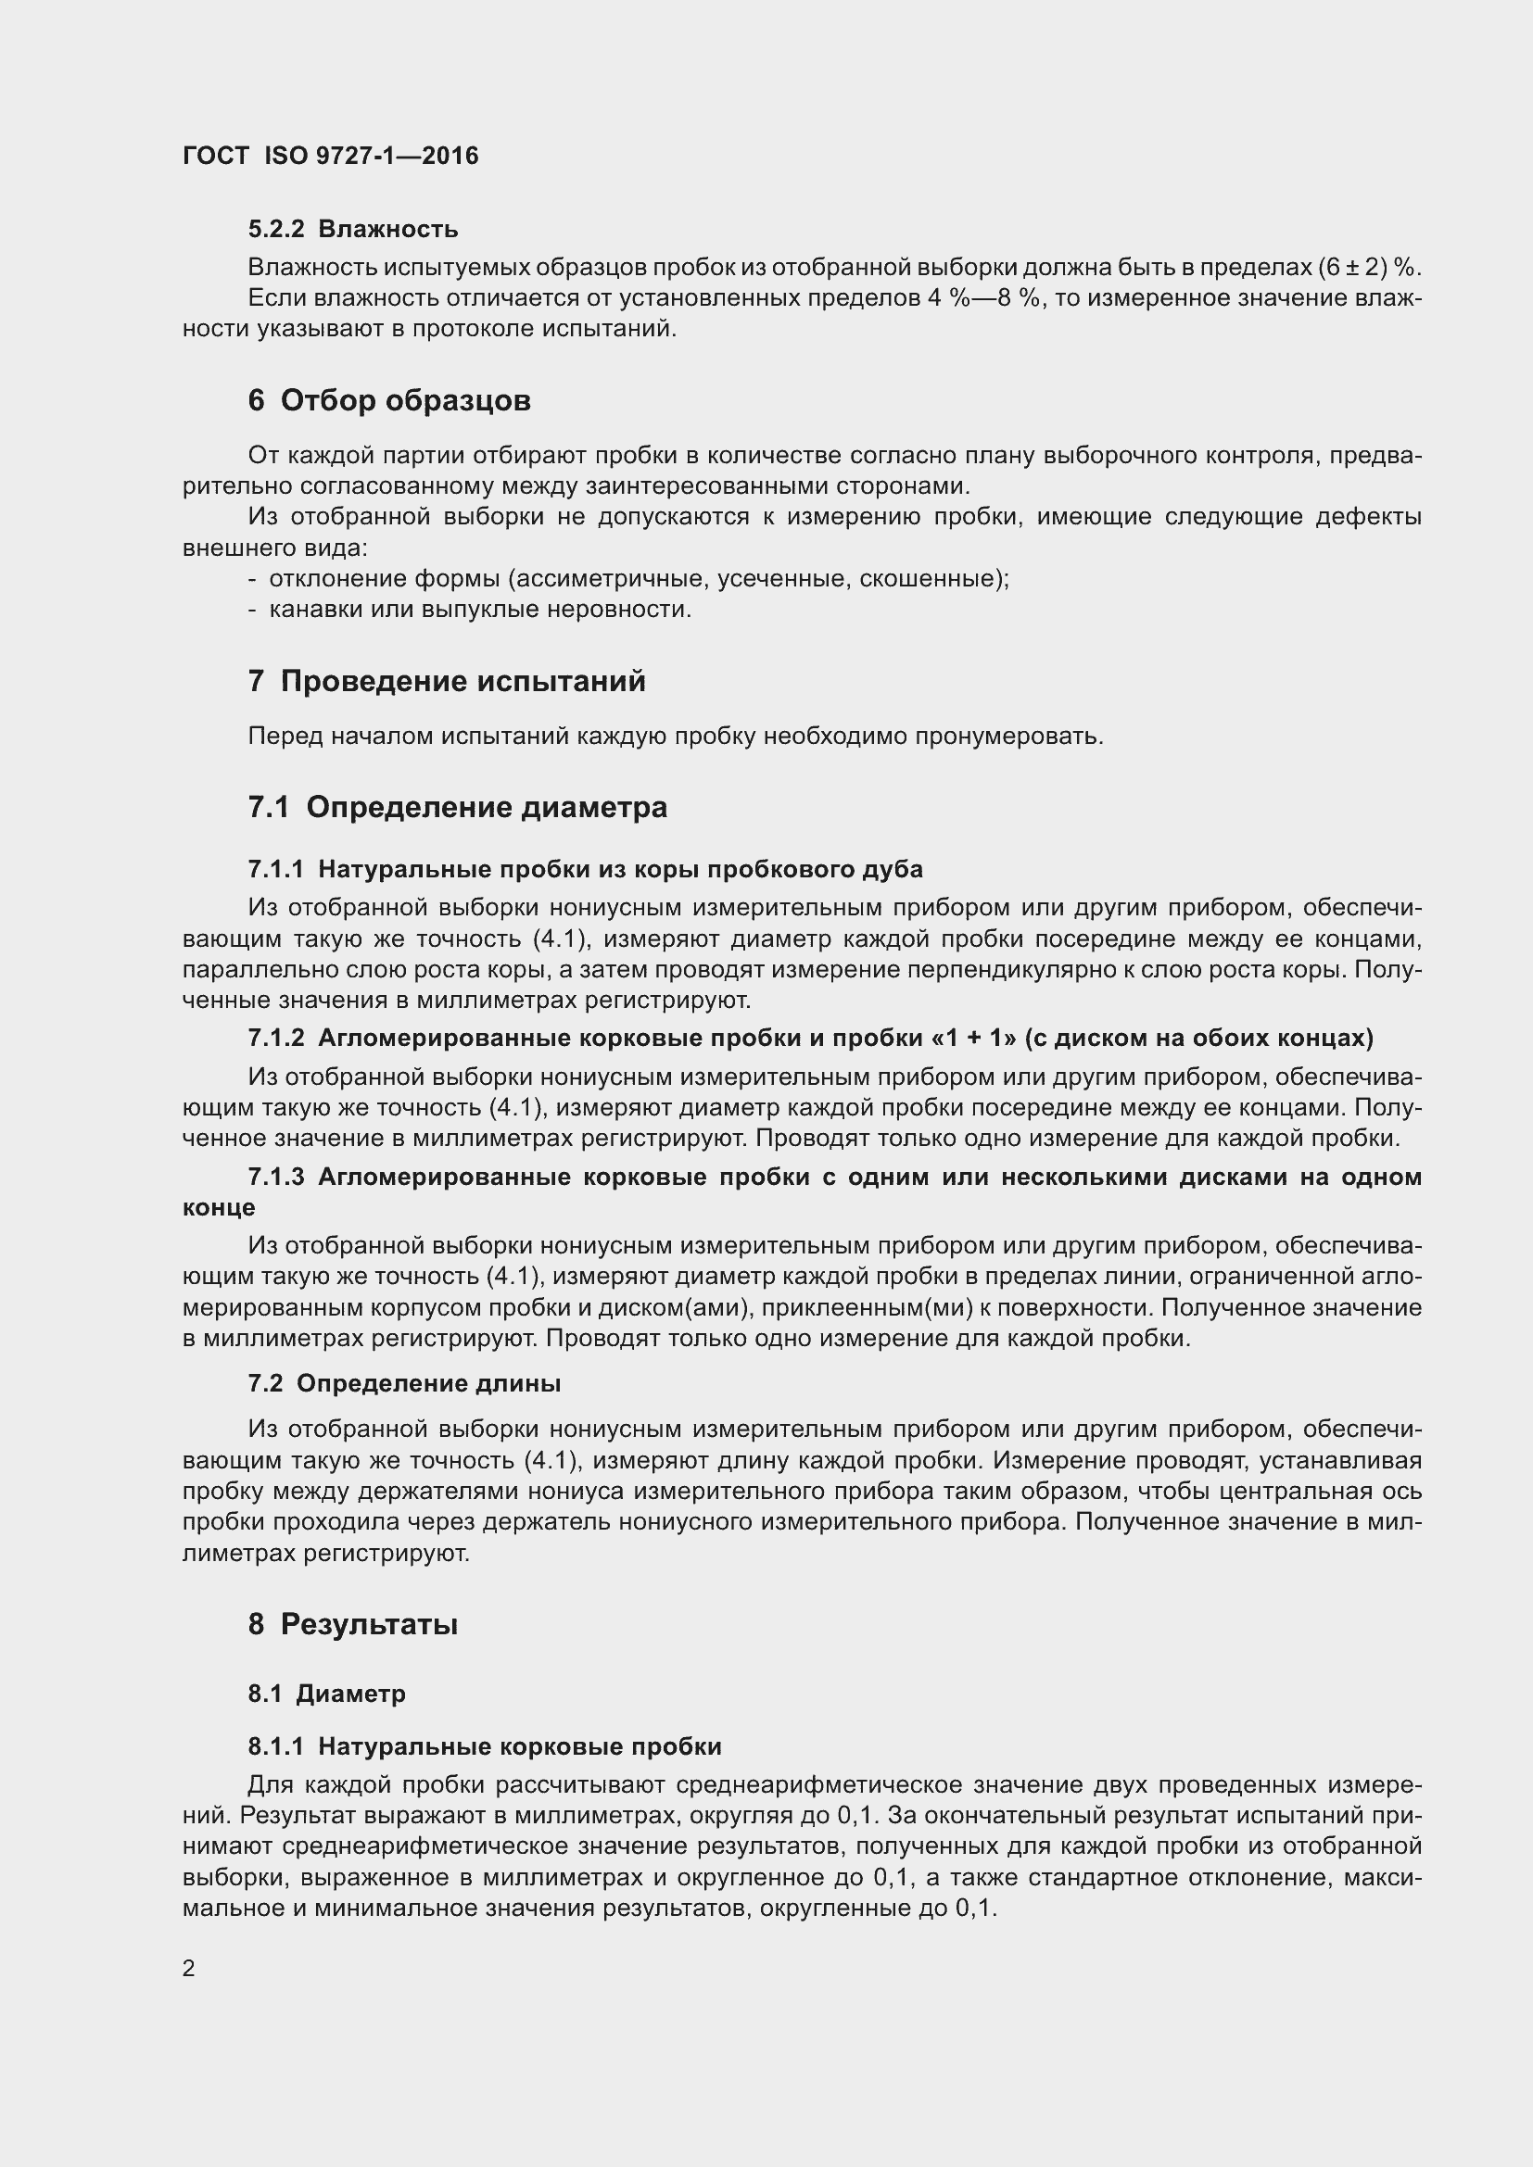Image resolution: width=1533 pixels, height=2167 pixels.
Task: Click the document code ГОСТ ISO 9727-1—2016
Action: click(330, 156)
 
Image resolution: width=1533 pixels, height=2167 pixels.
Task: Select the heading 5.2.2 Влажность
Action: click(353, 229)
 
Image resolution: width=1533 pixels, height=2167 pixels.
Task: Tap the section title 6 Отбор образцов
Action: click(389, 400)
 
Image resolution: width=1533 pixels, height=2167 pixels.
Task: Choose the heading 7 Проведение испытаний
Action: click(447, 681)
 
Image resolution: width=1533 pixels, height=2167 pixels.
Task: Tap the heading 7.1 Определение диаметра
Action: click(458, 807)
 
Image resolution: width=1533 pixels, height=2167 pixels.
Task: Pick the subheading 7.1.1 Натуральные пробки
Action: click(585, 868)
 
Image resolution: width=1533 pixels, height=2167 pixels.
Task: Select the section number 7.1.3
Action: click(275, 1176)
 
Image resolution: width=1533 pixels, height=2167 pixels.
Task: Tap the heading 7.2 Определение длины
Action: click(404, 1382)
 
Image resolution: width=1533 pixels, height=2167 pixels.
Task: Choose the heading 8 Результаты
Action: click(353, 1623)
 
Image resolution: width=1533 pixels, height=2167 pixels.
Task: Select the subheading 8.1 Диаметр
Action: click(326, 1694)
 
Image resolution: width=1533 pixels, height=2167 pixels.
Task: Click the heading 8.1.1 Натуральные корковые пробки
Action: click(485, 1746)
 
